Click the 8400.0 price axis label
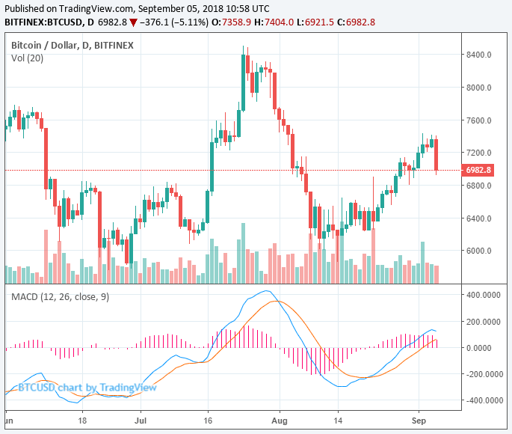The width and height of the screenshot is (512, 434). pos(478,55)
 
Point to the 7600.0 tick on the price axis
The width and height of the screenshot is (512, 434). pos(478,120)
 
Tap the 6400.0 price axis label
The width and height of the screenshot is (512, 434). pos(478,219)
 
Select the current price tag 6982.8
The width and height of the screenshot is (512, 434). pos(478,170)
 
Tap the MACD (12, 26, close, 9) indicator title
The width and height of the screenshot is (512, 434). pos(61,297)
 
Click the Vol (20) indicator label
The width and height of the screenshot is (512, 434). pos(26,58)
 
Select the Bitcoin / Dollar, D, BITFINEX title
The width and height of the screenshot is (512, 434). pos(72,45)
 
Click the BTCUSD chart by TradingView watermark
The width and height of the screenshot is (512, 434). pos(87,388)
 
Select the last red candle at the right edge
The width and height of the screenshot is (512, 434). pos(437,154)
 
